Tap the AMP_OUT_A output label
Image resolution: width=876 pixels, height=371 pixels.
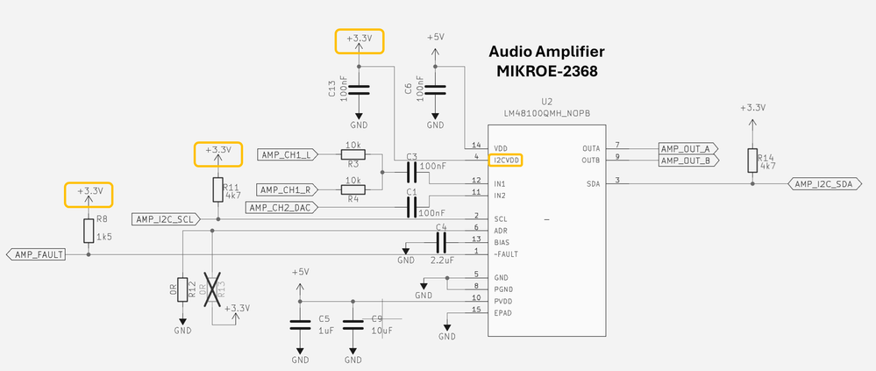pyautogui.click(x=688, y=148)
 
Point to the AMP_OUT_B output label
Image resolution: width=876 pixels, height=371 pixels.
pyautogui.click(x=688, y=161)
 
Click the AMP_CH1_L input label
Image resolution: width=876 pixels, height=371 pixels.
pyautogui.click(x=287, y=155)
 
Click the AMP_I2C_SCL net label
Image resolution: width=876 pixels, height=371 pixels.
pyautogui.click(x=164, y=218)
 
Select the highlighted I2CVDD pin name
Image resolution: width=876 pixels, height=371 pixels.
pyautogui.click(x=506, y=161)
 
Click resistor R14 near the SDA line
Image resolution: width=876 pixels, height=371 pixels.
pyautogui.click(x=751, y=161)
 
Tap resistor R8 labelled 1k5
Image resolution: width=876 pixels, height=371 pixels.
pyautogui.click(x=89, y=232)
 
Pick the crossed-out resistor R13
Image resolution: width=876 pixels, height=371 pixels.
pyautogui.click(x=212, y=289)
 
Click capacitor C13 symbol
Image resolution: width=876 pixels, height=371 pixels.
pyautogui.click(x=360, y=89)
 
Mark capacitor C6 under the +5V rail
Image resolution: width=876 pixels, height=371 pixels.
pyautogui.click(x=436, y=89)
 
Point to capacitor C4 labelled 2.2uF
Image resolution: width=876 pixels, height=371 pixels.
pyautogui.click(x=441, y=241)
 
